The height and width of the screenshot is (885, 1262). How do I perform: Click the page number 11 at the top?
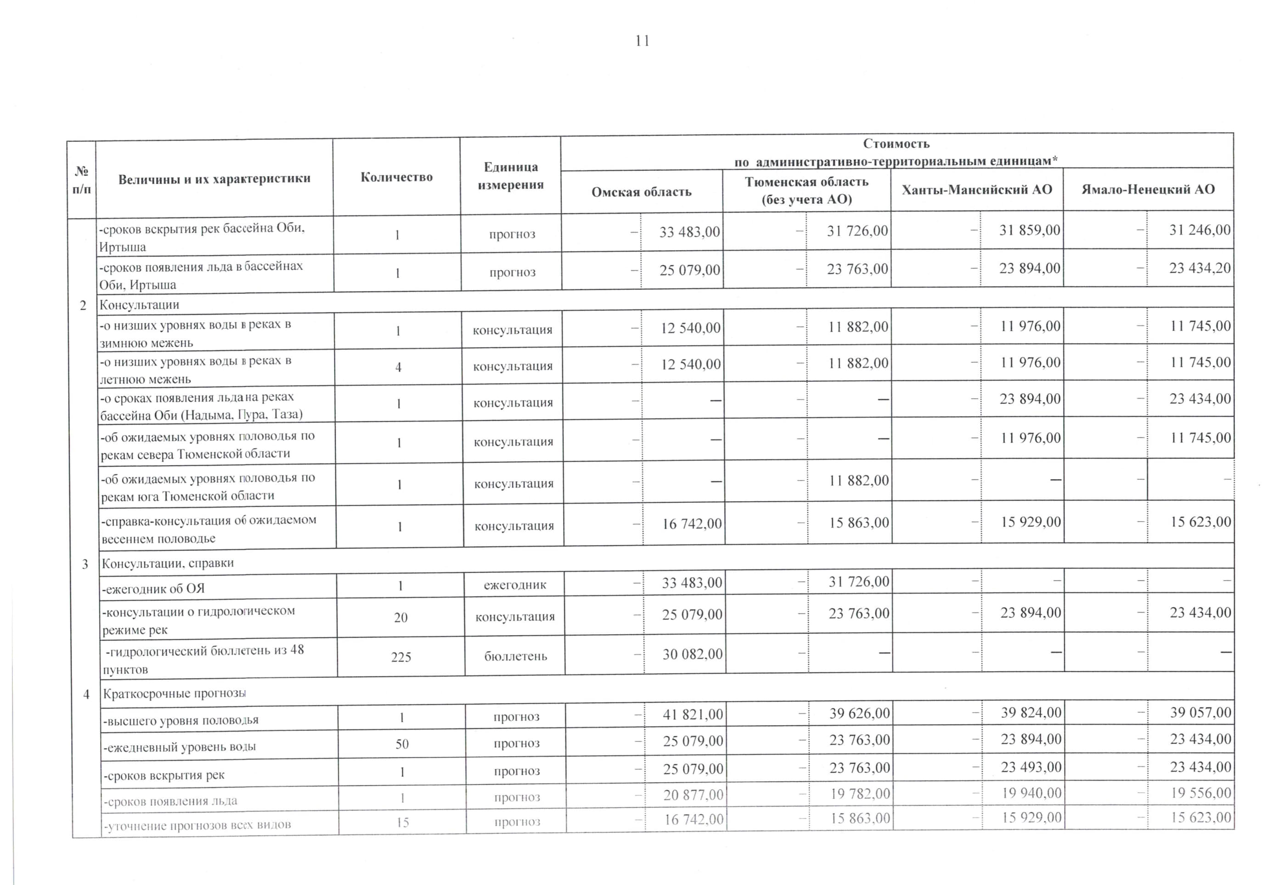[642, 41]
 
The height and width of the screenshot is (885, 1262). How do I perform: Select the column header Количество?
[396, 177]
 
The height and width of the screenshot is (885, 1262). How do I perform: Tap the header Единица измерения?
[511, 176]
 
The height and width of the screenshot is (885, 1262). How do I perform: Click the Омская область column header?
[641, 192]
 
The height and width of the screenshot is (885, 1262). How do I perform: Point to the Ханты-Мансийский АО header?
[977, 190]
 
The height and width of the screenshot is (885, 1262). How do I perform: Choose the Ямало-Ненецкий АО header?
[1148, 190]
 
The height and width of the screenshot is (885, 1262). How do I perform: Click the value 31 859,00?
[1030, 230]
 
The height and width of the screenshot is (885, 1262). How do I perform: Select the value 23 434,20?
[1200, 268]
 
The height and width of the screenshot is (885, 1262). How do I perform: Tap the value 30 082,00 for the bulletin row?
[692, 654]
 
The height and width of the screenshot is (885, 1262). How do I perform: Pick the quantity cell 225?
[401, 657]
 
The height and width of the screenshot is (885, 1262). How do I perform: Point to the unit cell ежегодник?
[515, 585]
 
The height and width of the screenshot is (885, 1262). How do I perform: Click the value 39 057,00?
[1200, 712]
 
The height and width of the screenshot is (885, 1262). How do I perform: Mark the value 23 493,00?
[1031, 767]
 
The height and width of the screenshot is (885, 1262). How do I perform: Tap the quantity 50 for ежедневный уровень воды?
[402, 744]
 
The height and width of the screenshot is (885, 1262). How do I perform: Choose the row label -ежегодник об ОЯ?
[153, 589]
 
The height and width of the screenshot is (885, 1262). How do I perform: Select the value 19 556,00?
[1200, 793]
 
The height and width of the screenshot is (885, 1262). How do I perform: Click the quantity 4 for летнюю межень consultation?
[399, 366]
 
